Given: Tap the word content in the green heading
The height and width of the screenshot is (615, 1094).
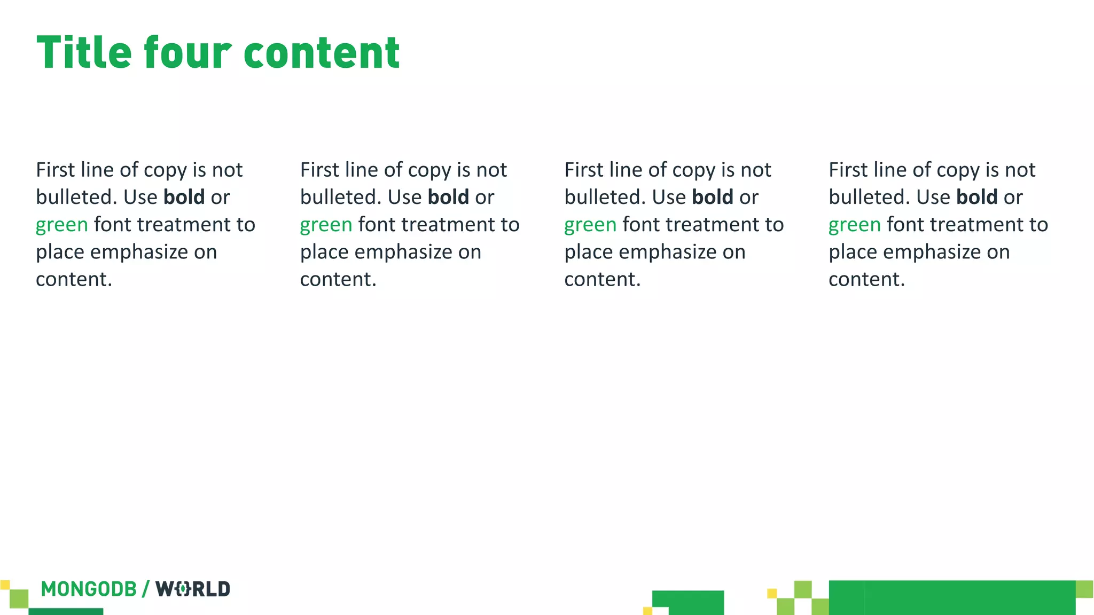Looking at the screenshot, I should tap(322, 52).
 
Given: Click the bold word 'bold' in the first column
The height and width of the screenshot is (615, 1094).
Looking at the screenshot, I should tap(184, 197).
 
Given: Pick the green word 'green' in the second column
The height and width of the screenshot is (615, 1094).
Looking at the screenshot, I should tap(326, 225).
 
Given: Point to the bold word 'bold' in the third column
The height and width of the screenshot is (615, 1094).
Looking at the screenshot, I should tap(713, 197).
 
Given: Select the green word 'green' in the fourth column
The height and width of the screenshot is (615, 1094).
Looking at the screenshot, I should tap(855, 225).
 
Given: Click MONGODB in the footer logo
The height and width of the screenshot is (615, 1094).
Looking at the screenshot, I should tap(89, 589).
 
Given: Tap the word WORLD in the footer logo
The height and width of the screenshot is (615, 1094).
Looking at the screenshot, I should tap(193, 589).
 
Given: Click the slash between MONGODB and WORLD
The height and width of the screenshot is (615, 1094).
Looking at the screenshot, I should tap(146, 589).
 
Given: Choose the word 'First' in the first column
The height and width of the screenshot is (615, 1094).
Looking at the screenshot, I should tap(56, 170).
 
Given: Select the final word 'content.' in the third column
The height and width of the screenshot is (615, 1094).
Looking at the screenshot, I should tap(602, 279).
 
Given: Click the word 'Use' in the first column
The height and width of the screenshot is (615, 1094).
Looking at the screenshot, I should tap(140, 197).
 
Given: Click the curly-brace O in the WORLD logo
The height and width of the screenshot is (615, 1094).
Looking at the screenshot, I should tap(183, 589).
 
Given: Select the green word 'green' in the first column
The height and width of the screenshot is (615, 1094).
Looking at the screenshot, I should tap(62, 225).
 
